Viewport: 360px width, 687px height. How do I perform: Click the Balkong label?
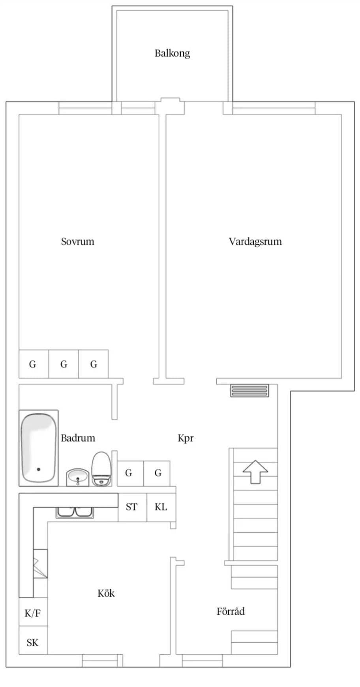coord(172,53)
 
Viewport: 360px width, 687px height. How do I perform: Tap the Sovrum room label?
coord(77,241)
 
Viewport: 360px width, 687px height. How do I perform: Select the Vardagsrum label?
coord(255,241)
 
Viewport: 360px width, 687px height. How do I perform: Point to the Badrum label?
coord(78,438)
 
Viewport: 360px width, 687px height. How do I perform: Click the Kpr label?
coord(186,438)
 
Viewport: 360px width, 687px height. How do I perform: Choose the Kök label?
coord(106,593)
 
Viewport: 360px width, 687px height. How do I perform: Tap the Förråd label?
coord(231,611)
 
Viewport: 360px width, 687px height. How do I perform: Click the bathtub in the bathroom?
coord(39,448)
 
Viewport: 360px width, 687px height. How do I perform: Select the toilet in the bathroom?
coord(101,468)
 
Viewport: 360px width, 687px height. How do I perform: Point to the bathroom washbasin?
coord(77,477)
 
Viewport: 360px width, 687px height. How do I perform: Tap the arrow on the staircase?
coord(255,471)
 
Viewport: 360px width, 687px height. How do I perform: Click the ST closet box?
coord(132,507)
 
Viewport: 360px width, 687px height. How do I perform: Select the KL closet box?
coord(161,507)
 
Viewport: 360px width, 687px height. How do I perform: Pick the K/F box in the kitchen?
coord(33,613)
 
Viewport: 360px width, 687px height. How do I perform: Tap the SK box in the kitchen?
coord(33,643)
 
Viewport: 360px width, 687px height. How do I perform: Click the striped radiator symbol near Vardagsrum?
coord(249,390)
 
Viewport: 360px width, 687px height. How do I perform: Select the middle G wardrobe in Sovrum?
coord(64,364)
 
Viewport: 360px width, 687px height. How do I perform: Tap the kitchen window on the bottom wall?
coord(100,661)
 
